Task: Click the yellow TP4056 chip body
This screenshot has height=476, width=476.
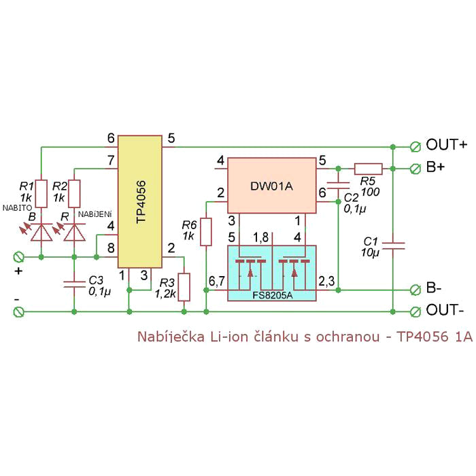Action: coord(140,201)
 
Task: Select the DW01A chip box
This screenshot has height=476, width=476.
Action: coord(272,185)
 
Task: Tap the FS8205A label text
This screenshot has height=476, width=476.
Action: coord(272,295)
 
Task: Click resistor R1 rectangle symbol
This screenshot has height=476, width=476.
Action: coord(41,194)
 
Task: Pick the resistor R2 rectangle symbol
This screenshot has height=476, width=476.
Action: coord(74,194)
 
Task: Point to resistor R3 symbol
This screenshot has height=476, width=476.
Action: coord(184,287)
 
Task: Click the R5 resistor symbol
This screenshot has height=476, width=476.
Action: coord(369,169)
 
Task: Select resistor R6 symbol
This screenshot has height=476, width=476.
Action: coord(206,232)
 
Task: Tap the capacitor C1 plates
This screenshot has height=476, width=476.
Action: coord(393,246)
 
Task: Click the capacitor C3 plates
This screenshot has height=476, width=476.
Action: coord(74,284)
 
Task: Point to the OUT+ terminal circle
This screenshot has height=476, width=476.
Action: coord(415,147)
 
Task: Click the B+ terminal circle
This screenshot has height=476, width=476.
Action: coord(415,169)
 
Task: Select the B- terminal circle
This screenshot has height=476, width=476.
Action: coord(415,290)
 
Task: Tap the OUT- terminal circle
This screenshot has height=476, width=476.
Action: coord(415,311)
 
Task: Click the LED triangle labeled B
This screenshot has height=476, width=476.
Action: coord(41,233)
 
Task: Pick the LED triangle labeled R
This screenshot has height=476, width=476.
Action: coord(74,233)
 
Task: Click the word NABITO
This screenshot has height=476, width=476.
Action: coord(17,208)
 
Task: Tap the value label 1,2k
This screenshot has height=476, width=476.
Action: coord(165,294)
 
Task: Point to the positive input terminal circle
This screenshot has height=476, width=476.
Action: coord(19,258)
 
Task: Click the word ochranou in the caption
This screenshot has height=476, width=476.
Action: coord(347,337)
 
